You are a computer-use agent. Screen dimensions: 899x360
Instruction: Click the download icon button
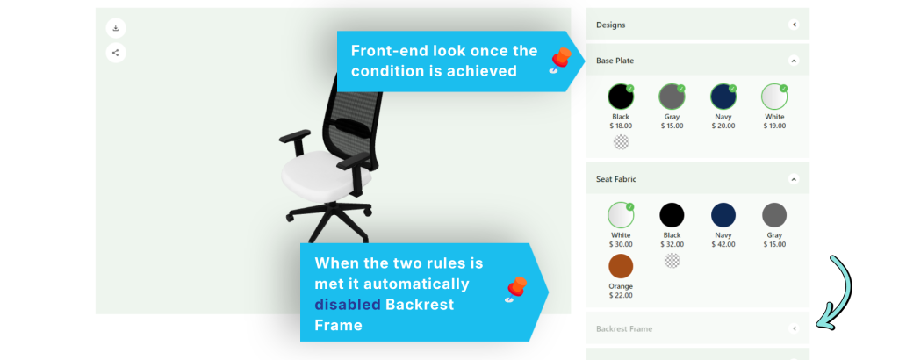116,28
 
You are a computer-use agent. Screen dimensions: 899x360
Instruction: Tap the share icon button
116,53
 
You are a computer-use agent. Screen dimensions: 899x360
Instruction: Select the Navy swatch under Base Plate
723,97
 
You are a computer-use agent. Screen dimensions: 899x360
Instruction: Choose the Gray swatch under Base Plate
672,97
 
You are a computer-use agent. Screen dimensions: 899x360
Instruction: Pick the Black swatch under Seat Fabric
672,215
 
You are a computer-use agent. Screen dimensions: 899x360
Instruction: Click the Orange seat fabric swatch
621,266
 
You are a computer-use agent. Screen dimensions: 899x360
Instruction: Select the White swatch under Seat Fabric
621,215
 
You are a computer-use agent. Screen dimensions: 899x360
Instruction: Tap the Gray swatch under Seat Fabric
774,215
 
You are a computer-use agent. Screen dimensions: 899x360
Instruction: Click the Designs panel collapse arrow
794,25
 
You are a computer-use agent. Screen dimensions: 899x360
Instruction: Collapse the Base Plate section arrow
794,61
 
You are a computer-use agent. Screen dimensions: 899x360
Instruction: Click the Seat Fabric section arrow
794,179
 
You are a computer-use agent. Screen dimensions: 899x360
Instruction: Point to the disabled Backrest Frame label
624,329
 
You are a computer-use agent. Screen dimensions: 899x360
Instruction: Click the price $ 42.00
723,244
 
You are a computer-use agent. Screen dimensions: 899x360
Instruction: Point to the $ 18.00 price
621,126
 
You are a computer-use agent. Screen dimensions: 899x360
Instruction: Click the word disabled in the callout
348,305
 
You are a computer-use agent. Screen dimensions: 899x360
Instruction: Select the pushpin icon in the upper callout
559,61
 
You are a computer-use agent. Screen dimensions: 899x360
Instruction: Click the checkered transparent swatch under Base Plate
621,141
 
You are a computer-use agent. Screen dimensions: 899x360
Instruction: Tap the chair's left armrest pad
295,136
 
